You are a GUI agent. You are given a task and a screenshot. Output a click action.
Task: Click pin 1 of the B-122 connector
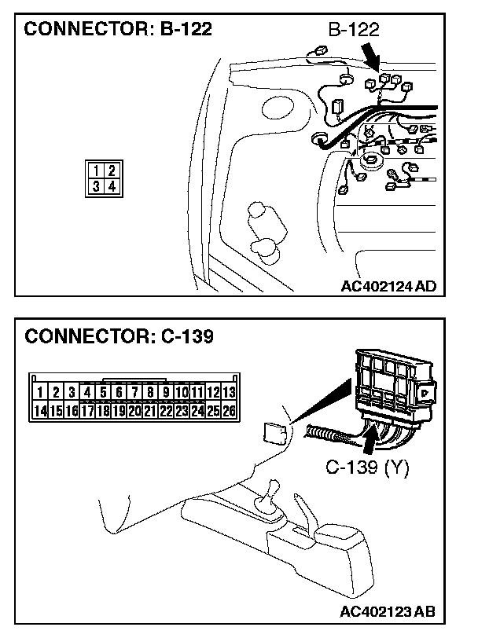pos(95,170)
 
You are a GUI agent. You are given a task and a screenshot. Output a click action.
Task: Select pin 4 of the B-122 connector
pos(111,186)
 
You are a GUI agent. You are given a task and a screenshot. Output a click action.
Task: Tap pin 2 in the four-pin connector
pos(111,170)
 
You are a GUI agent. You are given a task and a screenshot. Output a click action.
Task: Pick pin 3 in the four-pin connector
pos(95,186)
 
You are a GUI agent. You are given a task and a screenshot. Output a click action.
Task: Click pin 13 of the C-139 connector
pos(229,392)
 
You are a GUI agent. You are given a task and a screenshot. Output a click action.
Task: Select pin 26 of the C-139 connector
pos(229,410)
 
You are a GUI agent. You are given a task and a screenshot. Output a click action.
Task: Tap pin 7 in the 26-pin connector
pos(134,392)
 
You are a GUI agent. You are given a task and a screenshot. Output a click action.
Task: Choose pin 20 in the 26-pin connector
pos(134,410)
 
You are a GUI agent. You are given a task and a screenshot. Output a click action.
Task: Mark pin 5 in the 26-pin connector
pos(102,392)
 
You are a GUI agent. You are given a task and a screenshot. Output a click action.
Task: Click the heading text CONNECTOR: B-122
pos(119,31)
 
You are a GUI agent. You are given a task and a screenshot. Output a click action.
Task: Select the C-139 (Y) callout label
pos(367,469)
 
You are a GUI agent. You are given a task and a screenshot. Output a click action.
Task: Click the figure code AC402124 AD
pos(388,287)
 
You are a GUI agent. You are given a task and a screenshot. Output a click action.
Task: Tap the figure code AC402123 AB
pos(388,611)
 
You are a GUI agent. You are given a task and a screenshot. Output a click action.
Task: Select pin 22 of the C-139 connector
pos(166,410)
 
